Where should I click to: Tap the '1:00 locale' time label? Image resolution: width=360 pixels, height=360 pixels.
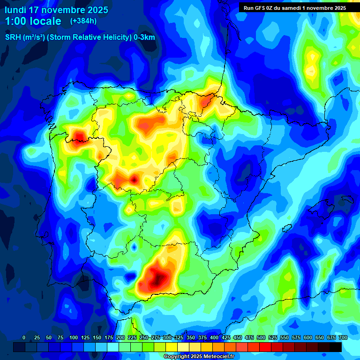click(x=33, y=21)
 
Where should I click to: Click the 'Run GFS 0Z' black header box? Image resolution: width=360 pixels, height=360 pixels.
click(x=295, y=7)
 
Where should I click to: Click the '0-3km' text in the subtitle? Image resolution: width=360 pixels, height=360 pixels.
click(x=144, y=37)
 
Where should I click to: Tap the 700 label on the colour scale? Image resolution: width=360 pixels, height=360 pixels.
click(x=343, y=337)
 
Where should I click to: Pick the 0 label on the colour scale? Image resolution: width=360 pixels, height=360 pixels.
click(x=24, y=337)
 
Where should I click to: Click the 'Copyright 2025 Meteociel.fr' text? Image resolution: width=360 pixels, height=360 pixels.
click(x=205, y=356)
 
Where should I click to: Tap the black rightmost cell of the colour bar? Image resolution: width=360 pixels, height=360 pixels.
click(x=336, y=347)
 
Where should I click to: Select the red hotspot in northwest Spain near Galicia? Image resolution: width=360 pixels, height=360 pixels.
click(x=78, y=136)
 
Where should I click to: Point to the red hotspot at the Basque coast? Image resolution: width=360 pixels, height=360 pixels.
click(x=206, y=100)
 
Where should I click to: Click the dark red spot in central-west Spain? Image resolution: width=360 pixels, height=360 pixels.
click(x=135, y=179)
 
